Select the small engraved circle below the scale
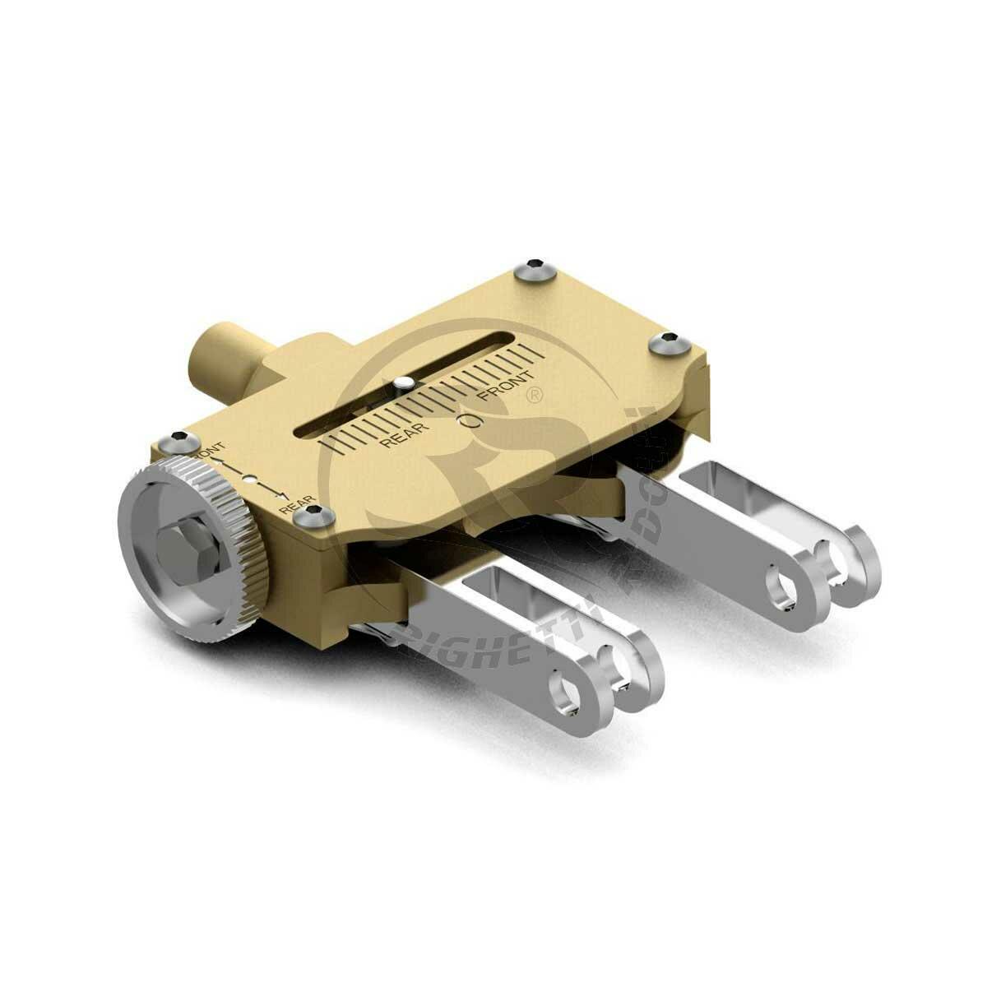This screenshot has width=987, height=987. pyautogui.click(x=470, y=422)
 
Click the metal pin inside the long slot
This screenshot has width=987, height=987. pyautogui.click(x=402, y=383)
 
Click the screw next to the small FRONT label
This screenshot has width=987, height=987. pyautogui.click(x=179, y=441)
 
